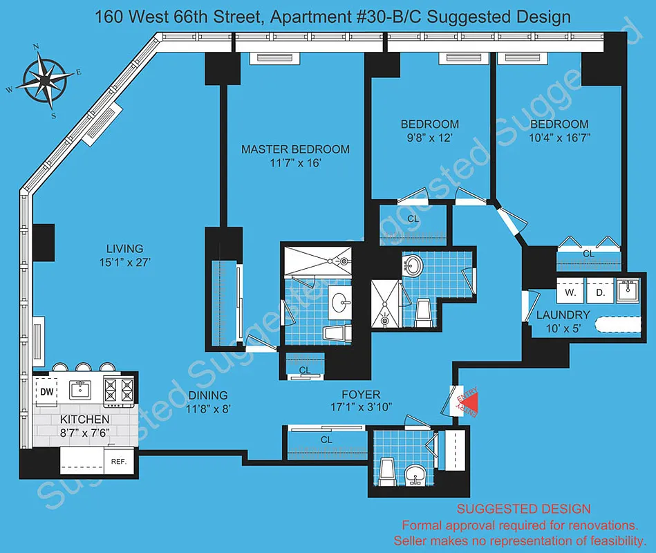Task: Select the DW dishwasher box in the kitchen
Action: [47, 392]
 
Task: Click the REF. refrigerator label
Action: [118, 460]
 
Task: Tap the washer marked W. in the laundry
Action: [570, 292]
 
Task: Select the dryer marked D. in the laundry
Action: [599, 292]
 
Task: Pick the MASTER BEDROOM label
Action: [295, 149]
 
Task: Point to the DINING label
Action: [208, 395]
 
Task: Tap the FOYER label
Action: [361, 395]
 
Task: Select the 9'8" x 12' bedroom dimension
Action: [429, 138]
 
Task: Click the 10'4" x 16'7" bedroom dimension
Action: [559, 138]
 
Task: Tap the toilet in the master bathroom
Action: [338, 334]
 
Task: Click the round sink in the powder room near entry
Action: [415, 476]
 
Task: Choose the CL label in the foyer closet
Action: [326, 439]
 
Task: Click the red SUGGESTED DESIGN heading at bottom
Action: [523, 509]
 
